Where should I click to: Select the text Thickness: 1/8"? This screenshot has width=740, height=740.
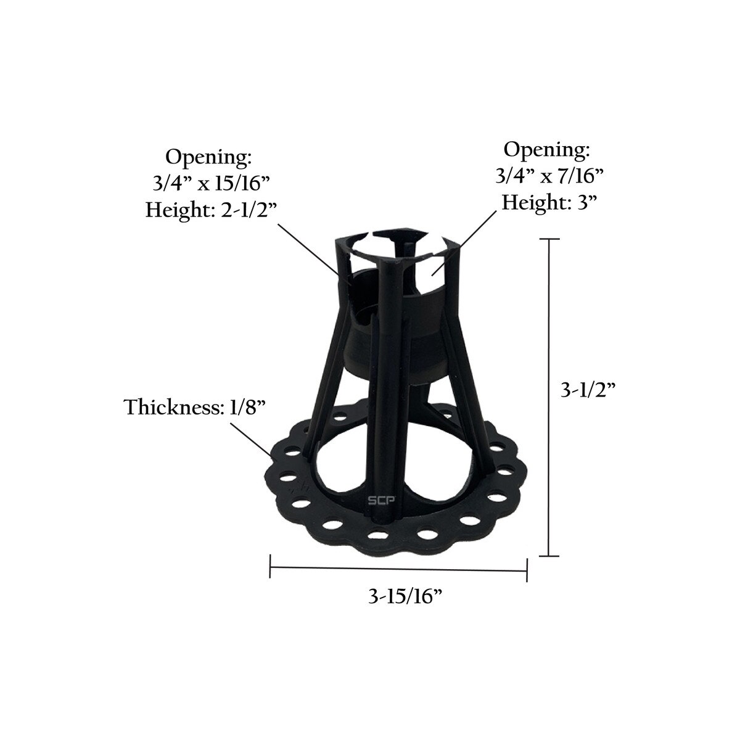pyautogui.click(x=195, y=407)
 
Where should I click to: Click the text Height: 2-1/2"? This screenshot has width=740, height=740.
pyautogui.click(x=212, y=210)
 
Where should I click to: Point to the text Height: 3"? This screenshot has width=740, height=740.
pyautogui.click(x=550, y=202)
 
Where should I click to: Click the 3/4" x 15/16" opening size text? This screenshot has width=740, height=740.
pyautogui.click(x=210, y=183)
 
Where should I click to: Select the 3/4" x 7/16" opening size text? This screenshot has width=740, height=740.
pyautogui.click(x=549, y=176)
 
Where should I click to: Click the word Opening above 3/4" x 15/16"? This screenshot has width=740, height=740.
pyautogui.click(x=208, y=157)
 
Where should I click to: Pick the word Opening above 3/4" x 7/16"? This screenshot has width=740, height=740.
pyautogui.click(x=546, y=150)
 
